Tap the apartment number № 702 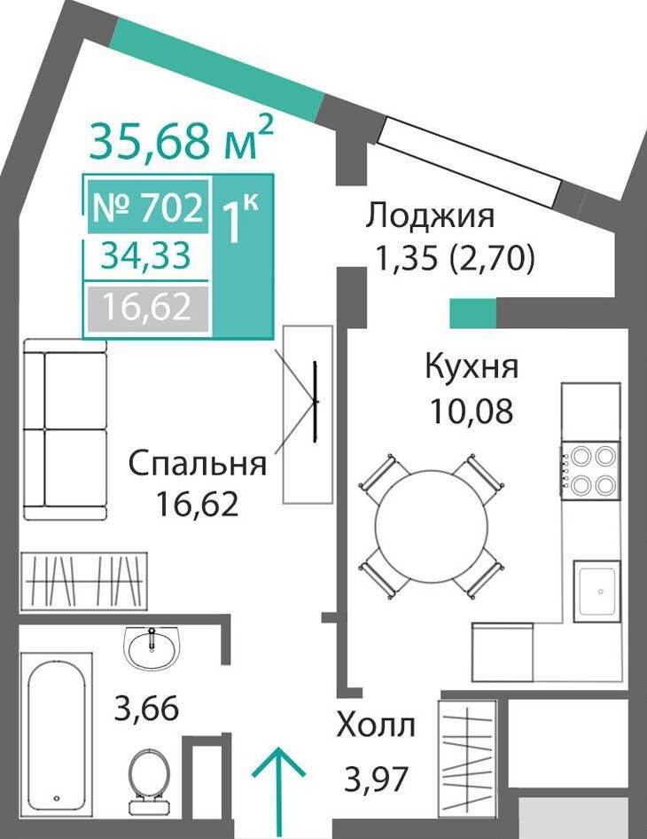(148, 208)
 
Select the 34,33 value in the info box (146, 255)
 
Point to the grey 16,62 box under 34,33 (148, 307)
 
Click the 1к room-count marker (239, 220)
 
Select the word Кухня (472, 368)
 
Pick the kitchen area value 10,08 (472, 412)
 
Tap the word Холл (376, 726)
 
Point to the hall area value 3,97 (377, 780)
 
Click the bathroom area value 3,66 (146, 709)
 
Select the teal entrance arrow (278, 792)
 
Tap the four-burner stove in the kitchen (591, 470)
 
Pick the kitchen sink (597, 592)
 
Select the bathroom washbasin (152, 647)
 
